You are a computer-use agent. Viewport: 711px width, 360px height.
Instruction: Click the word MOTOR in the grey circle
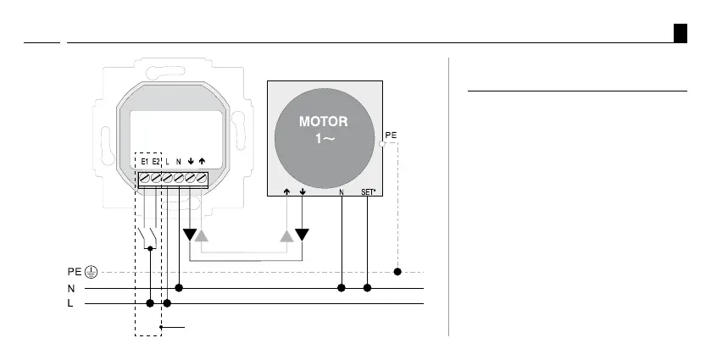coord(324,121)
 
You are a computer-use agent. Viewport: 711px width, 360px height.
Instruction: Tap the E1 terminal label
coord(145,162)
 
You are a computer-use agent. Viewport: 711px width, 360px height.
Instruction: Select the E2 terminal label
coord(156,162)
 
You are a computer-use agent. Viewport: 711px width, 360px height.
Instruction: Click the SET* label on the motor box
coord(368,191)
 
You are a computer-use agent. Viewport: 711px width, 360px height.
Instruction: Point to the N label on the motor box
coord(342,191)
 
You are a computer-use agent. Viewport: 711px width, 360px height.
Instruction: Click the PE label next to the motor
coord(391,136)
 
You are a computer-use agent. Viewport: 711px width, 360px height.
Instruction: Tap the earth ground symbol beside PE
coord(92,272)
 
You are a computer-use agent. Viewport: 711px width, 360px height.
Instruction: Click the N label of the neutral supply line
coord(71,288)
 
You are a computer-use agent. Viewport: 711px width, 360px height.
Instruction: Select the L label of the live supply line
coord(70,303)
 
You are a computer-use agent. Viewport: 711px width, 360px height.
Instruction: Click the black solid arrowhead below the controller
coord(190,235)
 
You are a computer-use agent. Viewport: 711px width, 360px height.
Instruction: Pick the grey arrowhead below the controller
coord(202,235)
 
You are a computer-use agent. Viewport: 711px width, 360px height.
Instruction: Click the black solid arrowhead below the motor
coord(302,235)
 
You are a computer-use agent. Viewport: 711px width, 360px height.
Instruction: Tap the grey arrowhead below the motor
coord(286,235)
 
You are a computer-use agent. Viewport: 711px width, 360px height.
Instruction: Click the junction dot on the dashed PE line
coord(397,272)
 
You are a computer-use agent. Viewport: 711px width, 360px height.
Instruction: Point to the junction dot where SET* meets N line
coord(367,288)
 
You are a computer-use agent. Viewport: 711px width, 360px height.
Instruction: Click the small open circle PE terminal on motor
coord(382,144)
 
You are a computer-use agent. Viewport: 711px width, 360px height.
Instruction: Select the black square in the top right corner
coord(680,33)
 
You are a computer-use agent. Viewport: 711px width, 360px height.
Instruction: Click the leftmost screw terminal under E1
coord(145,178)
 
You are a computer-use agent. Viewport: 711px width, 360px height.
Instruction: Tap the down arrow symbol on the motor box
coord(303,191)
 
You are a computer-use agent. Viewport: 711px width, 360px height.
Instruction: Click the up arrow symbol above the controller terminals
coord(202,161)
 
